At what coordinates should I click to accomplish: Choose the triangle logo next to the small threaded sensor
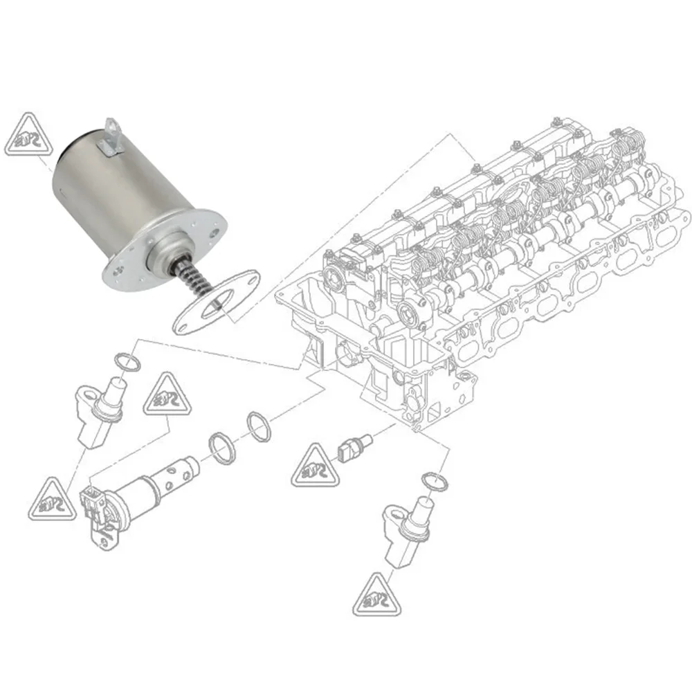coord(315,468)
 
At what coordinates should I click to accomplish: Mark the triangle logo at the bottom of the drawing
coord(378,597)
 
